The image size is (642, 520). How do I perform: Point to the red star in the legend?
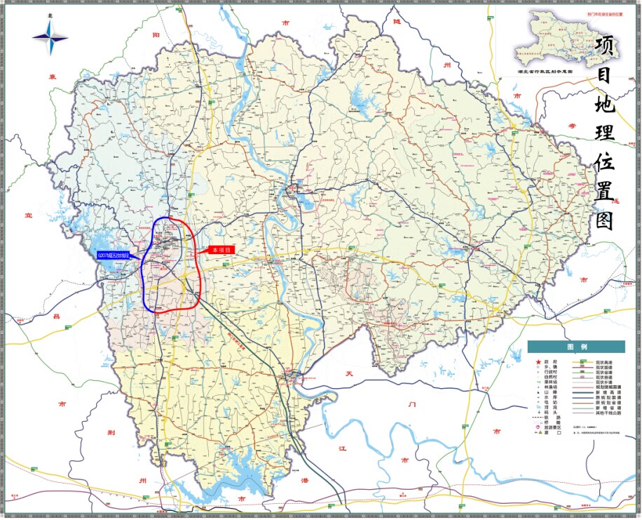[538, 363]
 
